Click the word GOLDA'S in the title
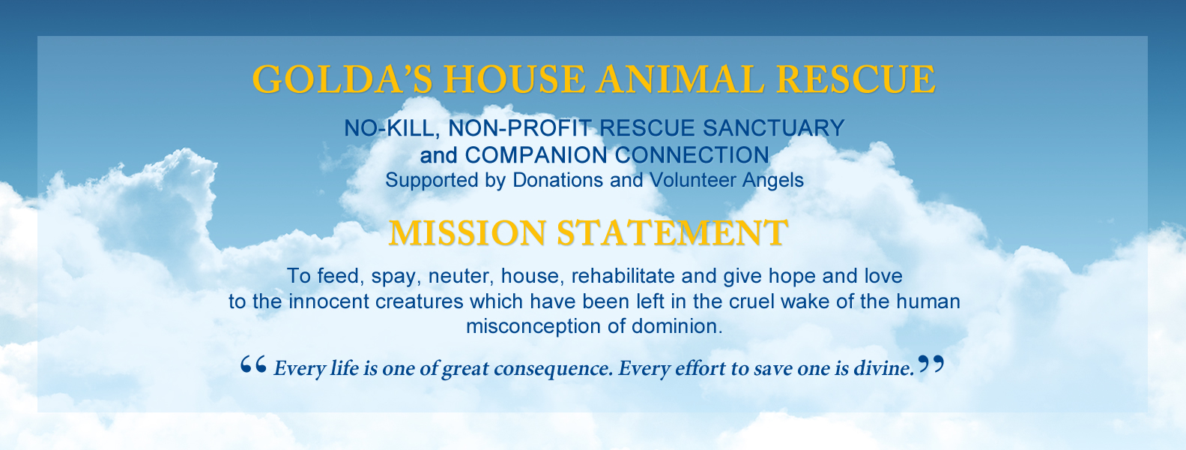[x=342, y=79]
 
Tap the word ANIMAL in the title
[x=680, y=79]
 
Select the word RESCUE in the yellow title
[x=856, y=79]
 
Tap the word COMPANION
[x=536, y=155]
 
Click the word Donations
[x=558, y=180]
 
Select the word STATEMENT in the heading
[x=673, y=232]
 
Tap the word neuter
[x=461, y=277]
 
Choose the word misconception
[x=533, y=326]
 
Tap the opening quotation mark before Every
[x=253, y=364]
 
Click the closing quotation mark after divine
[x=931, y=364]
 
